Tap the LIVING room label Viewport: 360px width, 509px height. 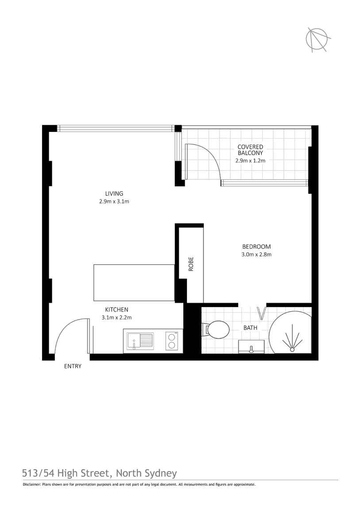click(x=114, y=193)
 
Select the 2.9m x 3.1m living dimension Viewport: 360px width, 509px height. click(x=114, y=201)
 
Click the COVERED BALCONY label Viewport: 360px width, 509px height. click(x=250, y=150)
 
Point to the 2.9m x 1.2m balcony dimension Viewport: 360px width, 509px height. click(x=250, y=161)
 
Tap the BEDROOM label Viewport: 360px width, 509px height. click(x=256, y=247)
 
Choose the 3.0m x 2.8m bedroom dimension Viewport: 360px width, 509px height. click(x=256, y=254)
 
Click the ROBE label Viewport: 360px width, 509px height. click(x=191, y=264)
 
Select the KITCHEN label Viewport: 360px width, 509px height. click(x=116, y=309)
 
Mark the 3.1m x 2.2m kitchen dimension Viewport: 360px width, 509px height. click(x=116, y=317)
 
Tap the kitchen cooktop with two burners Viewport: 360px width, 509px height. click(x=171, y=341)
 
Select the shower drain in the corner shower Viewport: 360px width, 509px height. click(x=292, y=350)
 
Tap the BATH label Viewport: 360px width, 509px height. click(x=251, y=328)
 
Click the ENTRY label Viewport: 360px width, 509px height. click(x=73, y=366)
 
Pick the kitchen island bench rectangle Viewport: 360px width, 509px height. click(x=134, y=283)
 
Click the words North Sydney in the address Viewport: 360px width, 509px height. click(x=146, y=473)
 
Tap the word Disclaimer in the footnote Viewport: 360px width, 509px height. click(x=31, y=485)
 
